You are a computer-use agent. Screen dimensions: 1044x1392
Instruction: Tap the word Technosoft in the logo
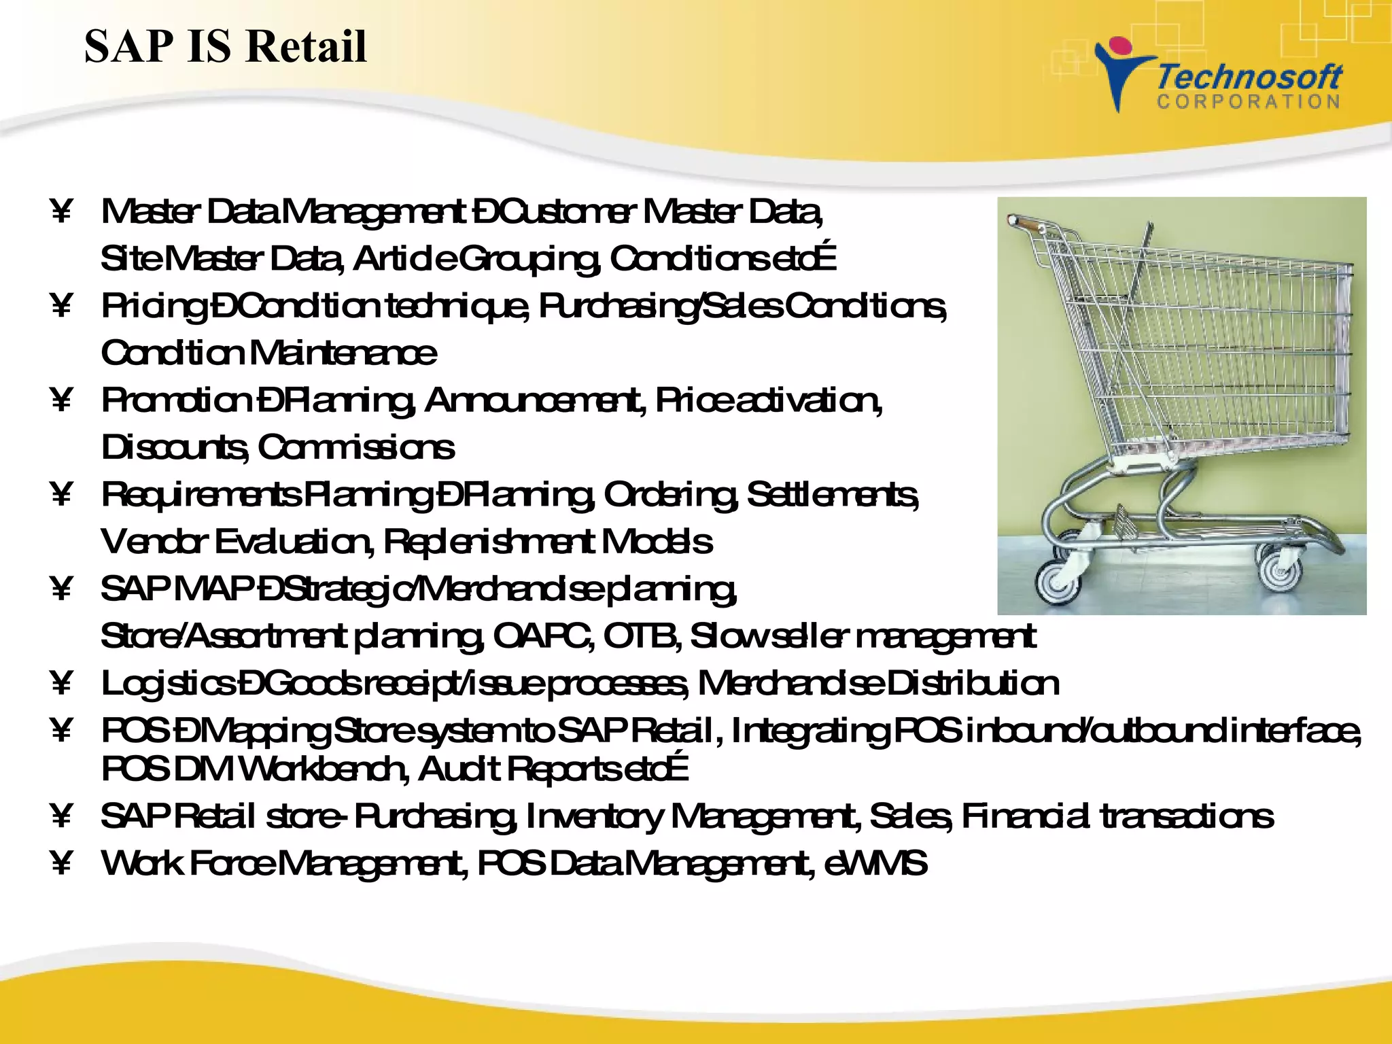[1249, 77]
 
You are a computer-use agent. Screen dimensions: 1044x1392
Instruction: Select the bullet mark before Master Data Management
[61, 211]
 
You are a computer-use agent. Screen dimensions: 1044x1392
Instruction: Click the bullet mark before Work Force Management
[61, 863]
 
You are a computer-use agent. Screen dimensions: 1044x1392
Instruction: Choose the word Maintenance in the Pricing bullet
[343, 353]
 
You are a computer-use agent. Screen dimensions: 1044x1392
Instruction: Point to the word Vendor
[154, 542]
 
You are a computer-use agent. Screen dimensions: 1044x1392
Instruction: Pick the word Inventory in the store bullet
[594, 816]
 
